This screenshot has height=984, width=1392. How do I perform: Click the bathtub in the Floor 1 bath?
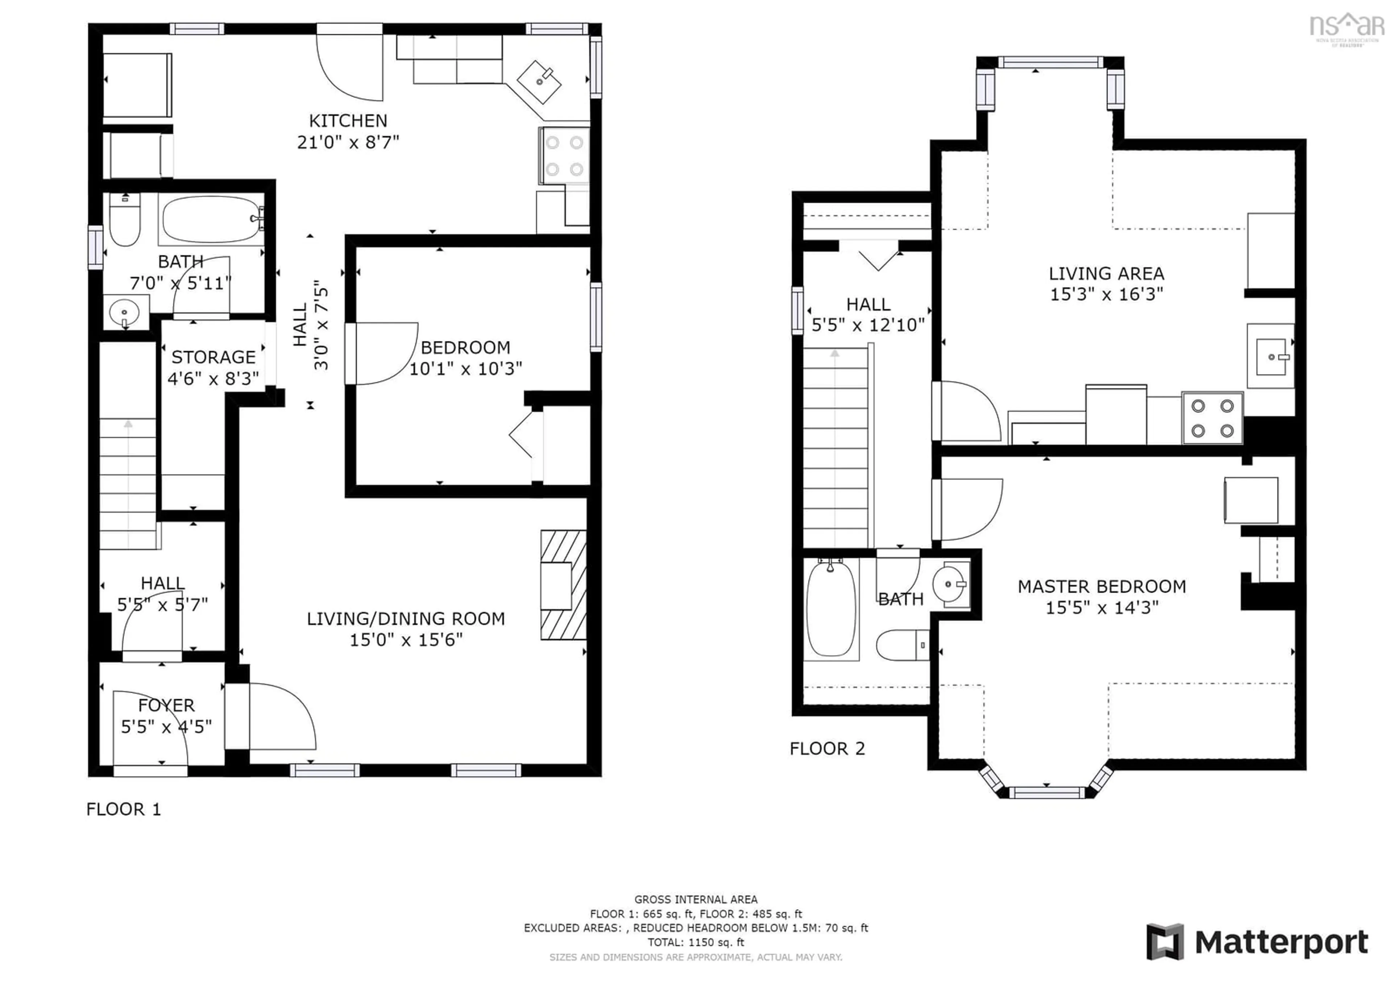(x=210, y=219)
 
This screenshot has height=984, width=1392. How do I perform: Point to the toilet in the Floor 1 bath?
(x=125, y=221)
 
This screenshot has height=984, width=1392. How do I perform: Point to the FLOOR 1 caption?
(x=124, y=809)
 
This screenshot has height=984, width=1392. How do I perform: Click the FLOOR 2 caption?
(x=827, y=749)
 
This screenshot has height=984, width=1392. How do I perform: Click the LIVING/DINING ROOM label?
(x=406, y=619)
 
